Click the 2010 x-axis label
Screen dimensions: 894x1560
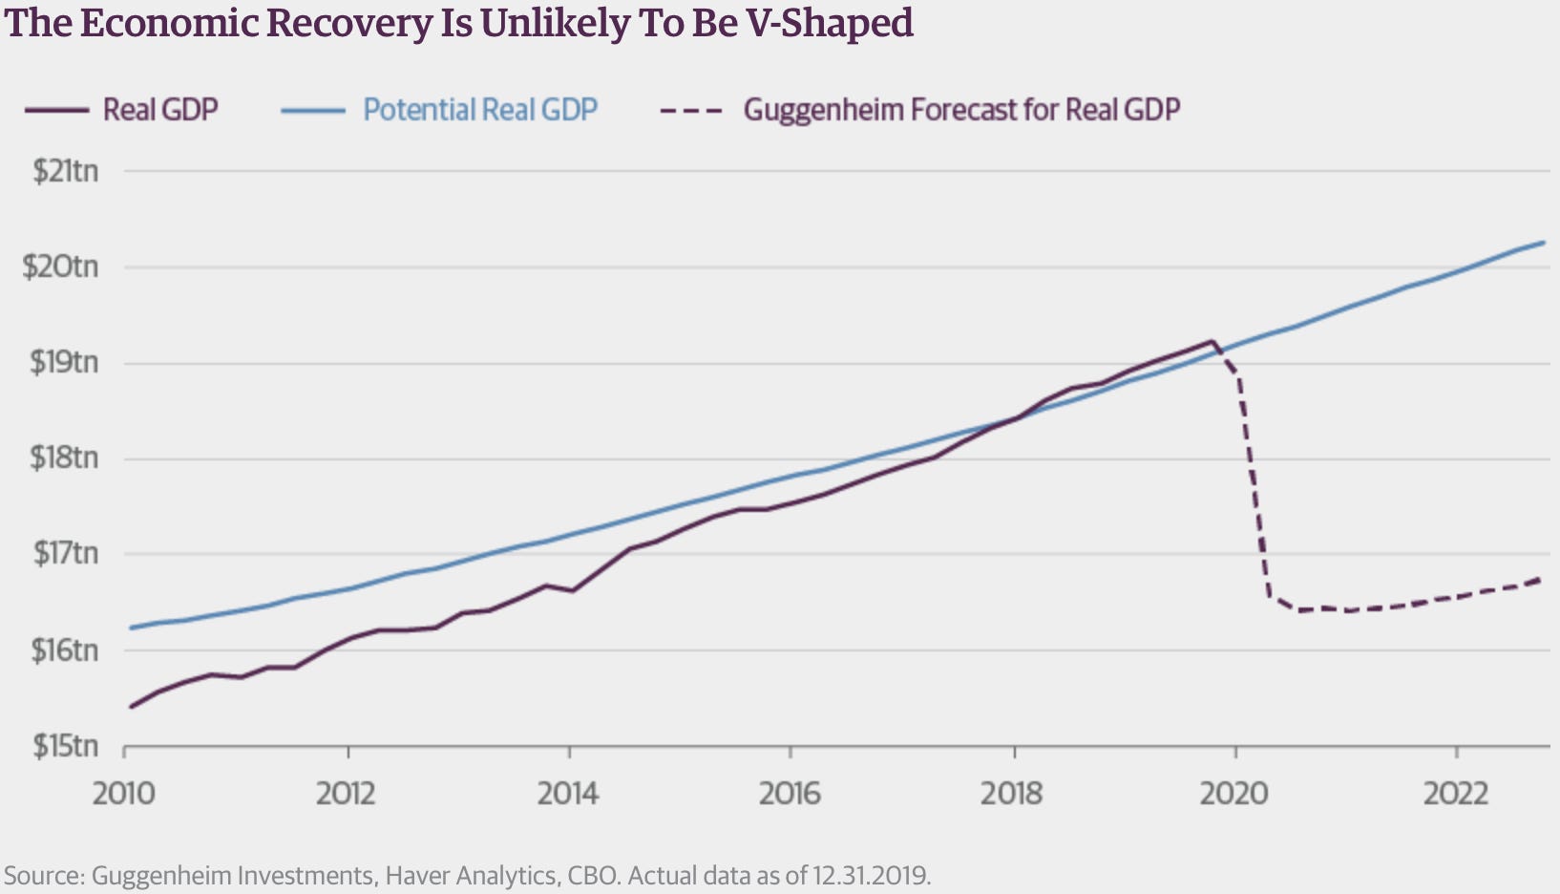pyautogui.click(x=124, y=794)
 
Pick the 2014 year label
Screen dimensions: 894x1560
pyautogui.click(x=568, y=794)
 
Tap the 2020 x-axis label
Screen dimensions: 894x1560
pyautogui.click(x=1234, y=794)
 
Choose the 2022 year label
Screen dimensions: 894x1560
pyautogui.click(x=1456, y=794)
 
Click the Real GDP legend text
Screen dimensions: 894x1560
pyautogui.click(x=160, y=110)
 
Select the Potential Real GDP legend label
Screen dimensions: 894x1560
pyautogui.click(x=480, y=110)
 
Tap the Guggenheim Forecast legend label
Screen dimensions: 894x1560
pyautogui.click(x=961, y=110)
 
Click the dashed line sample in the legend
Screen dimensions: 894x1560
pyautogui.click(x=690, y=110)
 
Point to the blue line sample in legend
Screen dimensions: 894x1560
pyautogui.click(x=312, y=110)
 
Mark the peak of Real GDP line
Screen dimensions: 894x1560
pyautogui.click(x=1212, y=341)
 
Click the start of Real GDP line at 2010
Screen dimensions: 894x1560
pyautogui.click(x=131, y=707)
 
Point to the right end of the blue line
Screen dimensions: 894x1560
pyautogui.click(x=1543, y=243)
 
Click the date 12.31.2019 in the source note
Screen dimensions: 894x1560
pyautogui.click(x=871, y=875)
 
